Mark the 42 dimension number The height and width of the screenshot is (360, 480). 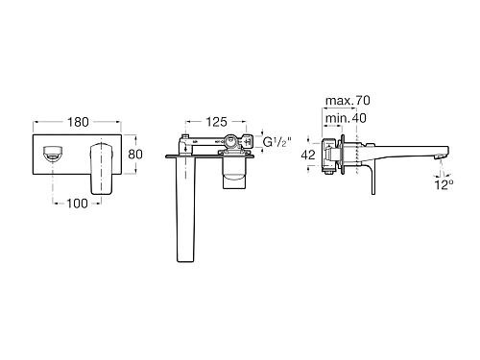coord(307,153)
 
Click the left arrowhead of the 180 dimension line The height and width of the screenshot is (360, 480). coord(37,123)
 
